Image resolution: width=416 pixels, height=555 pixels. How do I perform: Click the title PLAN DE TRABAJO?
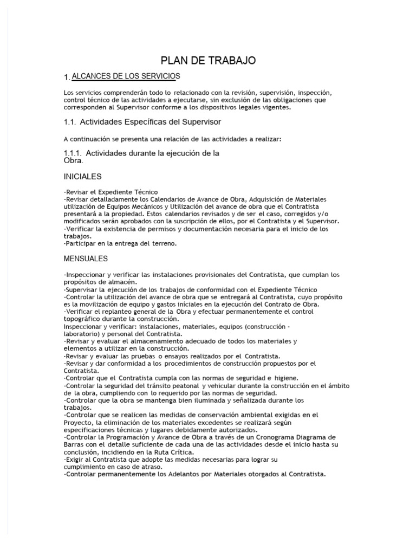(208, 60)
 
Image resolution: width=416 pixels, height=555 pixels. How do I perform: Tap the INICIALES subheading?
(82, 177)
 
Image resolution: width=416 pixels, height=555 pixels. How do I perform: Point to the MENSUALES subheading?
(86, 259)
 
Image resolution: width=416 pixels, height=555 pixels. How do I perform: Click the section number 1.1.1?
(73, 153)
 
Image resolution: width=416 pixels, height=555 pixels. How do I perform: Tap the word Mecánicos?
(147, 207)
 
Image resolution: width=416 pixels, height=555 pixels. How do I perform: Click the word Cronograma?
(256, 437)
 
